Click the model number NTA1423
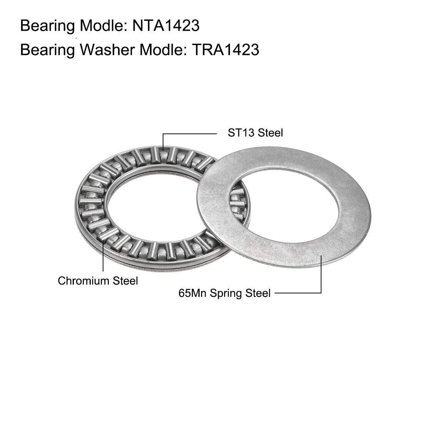coord(166,26)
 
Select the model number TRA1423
coord(225,50)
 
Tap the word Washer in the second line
coord(108,50)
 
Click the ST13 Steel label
coord(255,133)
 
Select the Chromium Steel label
coord(98,281)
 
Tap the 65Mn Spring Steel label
coord(225,293)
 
